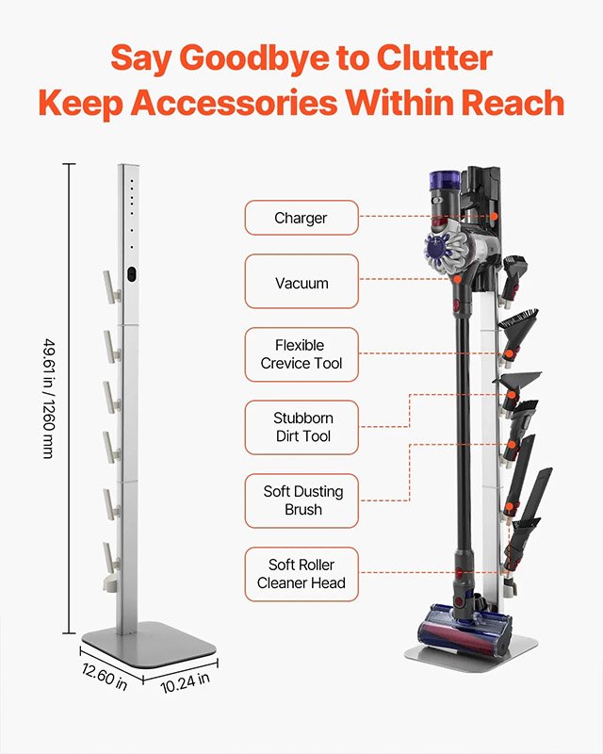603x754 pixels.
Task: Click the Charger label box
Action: [301, 218]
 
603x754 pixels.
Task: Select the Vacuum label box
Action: [301, 281]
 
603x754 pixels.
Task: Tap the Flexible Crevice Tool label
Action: [301, 354]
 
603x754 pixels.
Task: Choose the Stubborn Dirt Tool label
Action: [301, 428]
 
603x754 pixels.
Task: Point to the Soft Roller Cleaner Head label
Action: [301, 574]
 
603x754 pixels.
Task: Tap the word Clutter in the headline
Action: [434, 57]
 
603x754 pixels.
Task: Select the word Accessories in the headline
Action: [235, 103]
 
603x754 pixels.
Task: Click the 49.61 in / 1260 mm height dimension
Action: [50, 399]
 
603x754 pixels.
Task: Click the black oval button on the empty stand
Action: [132, 274]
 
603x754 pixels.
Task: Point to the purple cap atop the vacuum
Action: [444, 179]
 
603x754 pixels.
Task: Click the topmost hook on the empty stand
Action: [111, 287]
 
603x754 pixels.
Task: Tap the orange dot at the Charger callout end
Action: [494, 217]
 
